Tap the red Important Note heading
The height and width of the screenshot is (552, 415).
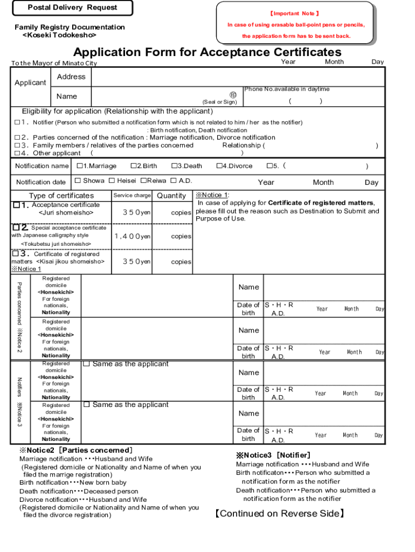click(295, 13)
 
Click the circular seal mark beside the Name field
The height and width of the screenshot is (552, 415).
click(233, 94)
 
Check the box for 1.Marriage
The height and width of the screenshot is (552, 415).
click(80, 166)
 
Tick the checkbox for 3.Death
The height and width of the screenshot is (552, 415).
click(174, 166)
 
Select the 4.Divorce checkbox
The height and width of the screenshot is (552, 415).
click(219, 166)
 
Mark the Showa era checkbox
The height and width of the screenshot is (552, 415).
click(78, 181)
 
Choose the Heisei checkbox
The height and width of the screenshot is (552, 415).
click(112, 181)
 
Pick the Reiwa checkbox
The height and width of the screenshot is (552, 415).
click(143, 181)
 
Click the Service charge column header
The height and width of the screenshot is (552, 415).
click(132, 195)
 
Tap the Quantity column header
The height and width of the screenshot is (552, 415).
click(171, 196)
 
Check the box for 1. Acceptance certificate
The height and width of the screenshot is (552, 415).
click(17, 205)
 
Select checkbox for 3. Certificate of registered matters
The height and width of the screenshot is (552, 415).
click(17, 253)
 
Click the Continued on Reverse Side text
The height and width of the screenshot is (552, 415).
click(279, 513)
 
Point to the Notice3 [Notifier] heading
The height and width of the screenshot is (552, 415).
click(273, 455)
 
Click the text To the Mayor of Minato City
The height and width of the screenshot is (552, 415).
click(54, 63)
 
